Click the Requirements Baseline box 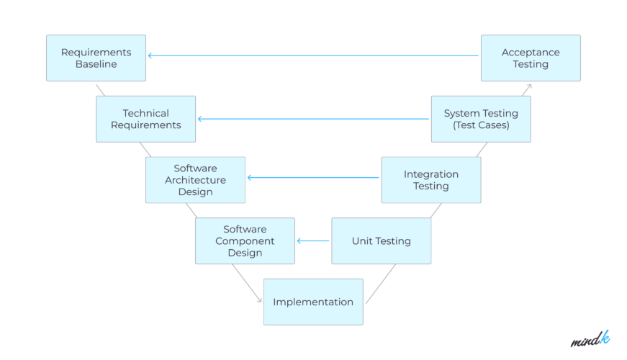point(96,58)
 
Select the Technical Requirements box point(145,119)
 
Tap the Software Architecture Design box point(195,180)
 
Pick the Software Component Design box point(245,240)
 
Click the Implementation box point(313,302)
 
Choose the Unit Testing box point(381,240)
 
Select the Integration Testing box point(430,180)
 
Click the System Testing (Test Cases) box point(480,119)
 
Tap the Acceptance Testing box point(530,58)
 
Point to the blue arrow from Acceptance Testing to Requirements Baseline point(313,55)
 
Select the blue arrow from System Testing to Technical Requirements point(313,119)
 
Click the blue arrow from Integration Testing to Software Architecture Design point(313,177)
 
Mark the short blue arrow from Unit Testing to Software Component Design point(313,241)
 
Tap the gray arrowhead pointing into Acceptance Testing point(528,86)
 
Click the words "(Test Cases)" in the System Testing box point(480,125)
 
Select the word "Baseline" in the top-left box point(96,64)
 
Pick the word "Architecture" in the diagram point(195,180)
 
